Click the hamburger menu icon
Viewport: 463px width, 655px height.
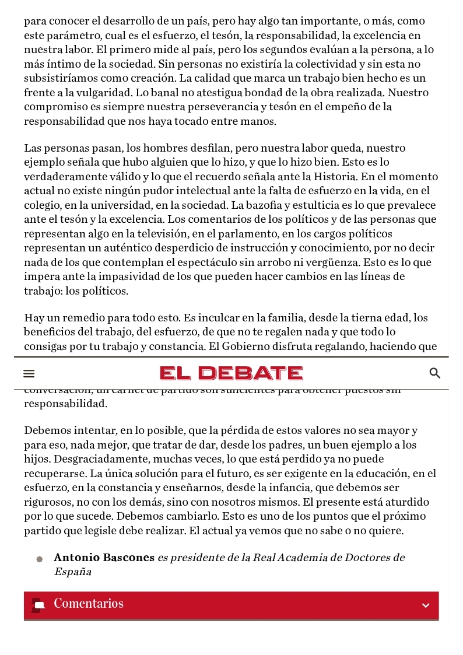tap(29, 374)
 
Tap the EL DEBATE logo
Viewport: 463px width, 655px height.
tap(232, 373)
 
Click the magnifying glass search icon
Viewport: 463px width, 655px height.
tap(434, 373)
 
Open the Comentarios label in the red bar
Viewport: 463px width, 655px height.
tap(89, 604)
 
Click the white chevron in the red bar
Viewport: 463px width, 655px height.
tap(426, 605)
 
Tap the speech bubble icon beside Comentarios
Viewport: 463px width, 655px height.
tap(38, 605)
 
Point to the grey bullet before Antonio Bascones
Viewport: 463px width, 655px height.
tap(40, 559)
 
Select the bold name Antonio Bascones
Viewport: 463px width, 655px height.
tap(104, 558)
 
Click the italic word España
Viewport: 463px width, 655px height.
tap(73, 572)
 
